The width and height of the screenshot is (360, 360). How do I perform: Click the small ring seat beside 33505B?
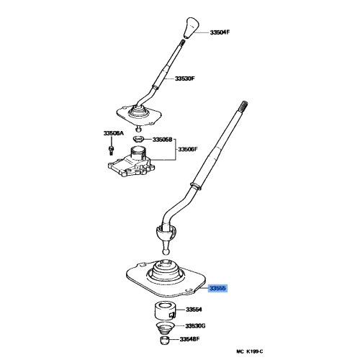[x=139, y=138]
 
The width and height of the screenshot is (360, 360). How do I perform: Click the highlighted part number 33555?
[x=217, y=288]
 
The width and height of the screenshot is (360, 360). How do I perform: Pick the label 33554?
[x=195, y=310]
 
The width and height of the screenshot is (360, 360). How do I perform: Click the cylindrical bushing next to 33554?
[x=166, y=312]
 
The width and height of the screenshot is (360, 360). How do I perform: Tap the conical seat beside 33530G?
[x=166, y=328]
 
